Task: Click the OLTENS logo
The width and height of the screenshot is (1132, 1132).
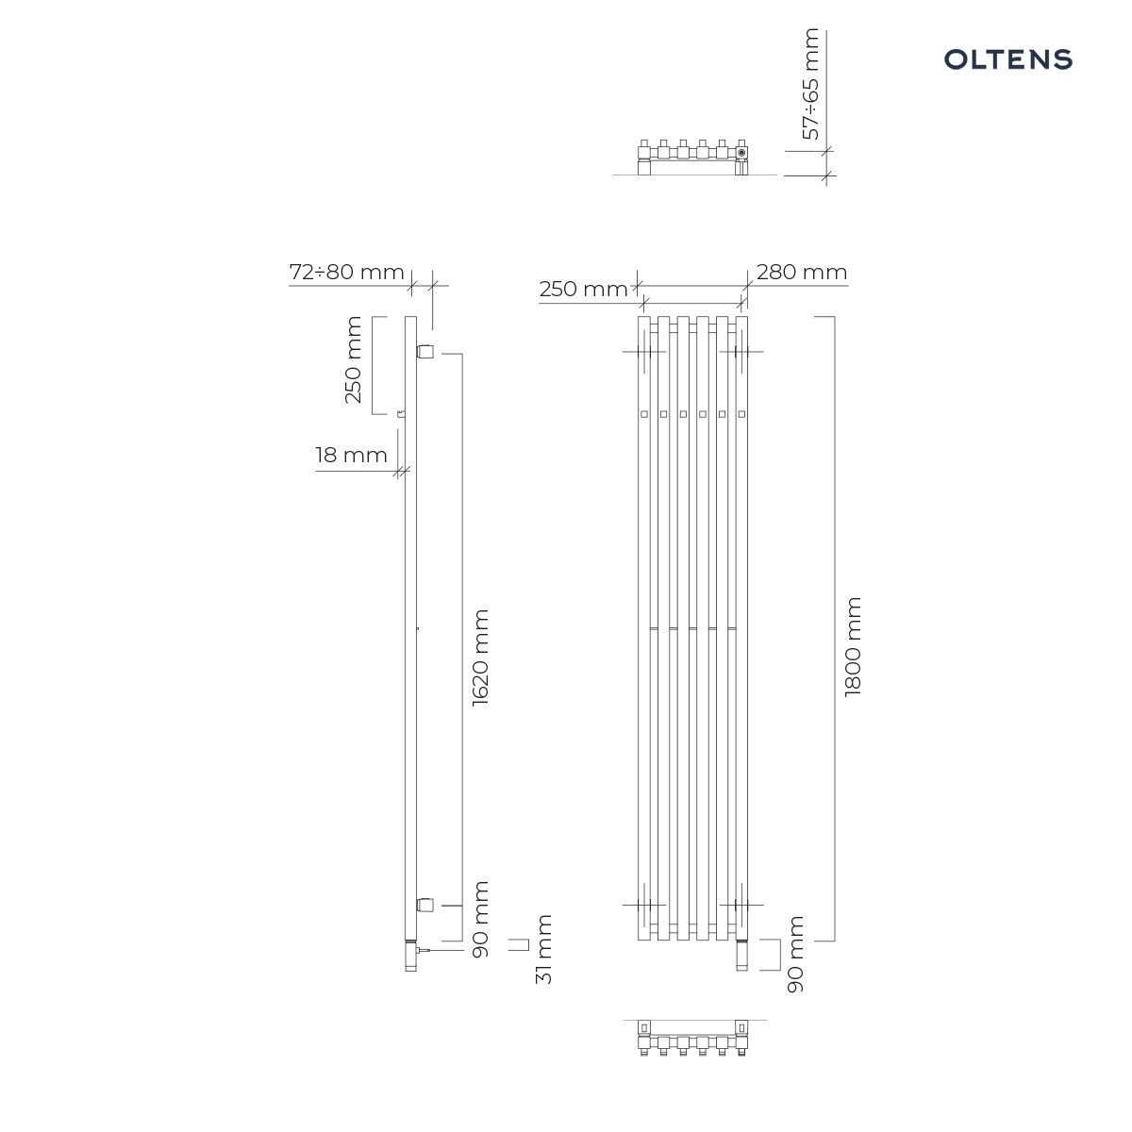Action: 1007,59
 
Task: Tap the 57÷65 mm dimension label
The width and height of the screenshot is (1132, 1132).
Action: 810,84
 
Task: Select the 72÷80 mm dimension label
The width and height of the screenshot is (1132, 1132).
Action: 346,272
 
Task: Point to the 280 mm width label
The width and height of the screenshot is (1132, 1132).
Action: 801,272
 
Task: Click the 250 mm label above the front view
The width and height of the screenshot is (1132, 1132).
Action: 583,289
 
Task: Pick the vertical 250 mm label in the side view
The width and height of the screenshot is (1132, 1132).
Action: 353,359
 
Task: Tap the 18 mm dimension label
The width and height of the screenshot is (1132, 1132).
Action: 351,456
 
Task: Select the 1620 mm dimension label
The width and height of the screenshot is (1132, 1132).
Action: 480,658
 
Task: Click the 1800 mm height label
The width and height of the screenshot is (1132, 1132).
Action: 853,647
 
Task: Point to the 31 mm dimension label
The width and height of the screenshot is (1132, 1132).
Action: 544,949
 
